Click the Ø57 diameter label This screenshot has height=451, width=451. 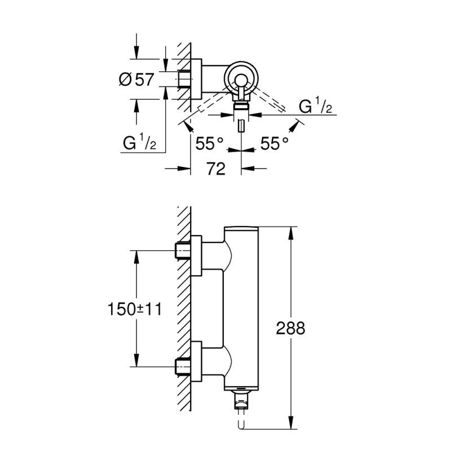pyautogui.click(x=136, y=79)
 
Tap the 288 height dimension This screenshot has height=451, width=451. pyautogui.click(x=292, y=328)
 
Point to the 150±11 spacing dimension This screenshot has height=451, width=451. pyautogui.click(x=135, y=308)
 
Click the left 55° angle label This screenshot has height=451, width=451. pyautogui.click(x=208, y=144)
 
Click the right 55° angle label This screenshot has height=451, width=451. pyautogui.click(x=275, y=144)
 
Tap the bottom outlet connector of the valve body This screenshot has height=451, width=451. pyautogui.click(x=241, y=401)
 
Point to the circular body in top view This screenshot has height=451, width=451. pyautogui.click(x=241, y=79)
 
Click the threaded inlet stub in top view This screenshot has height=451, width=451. pyautogui.click(x=184, y=79)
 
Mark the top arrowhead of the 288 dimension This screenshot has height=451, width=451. pyautogui.click(x=291, y=231)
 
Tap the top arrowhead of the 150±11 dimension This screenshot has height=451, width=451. pyautogui.click(x=135, y=255)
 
